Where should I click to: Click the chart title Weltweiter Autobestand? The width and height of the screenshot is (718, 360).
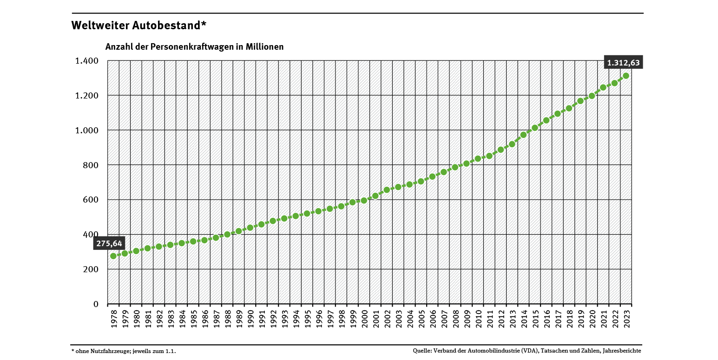(138, 26)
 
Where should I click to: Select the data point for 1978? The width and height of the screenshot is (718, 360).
(113, 256)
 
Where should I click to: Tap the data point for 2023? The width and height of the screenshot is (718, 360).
(626, 76)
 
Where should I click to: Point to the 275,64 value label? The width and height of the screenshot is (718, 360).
(109, 243)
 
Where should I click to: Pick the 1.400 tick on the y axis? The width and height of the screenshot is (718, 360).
(87, 61)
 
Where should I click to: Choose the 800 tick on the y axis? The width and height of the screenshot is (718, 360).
(91, 165)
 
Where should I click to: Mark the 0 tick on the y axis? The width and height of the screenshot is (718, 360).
(96, 304)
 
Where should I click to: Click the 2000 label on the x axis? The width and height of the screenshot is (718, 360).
(364, 320)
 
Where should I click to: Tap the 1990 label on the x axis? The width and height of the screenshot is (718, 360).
(250, 320)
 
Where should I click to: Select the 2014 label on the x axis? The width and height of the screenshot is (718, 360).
(523, 320)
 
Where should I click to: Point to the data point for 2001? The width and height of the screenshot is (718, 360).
(375, 196)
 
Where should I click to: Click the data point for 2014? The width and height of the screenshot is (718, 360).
(523, 135)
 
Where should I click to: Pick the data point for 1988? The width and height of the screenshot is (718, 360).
(227, 235)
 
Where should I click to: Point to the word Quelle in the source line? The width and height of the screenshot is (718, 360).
(422, 351)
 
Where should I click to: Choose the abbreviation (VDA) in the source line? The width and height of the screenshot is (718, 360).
(531, 351)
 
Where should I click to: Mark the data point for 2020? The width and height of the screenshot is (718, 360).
(592, 96)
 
